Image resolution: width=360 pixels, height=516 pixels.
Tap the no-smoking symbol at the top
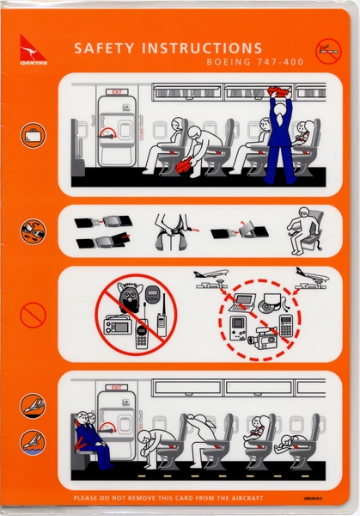point(327,52)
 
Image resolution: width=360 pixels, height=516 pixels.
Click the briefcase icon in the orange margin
point(33,135)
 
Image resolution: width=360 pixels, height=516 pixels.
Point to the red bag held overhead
point(279,90)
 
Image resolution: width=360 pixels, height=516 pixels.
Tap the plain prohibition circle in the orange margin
point(33,315)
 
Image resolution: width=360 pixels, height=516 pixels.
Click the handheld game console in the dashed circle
point(239,328)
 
